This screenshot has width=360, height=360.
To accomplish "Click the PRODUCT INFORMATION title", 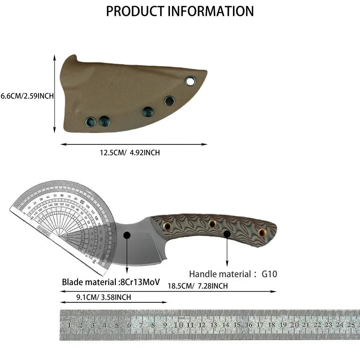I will (180, 11).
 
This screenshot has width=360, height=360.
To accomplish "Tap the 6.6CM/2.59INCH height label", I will (27, 96).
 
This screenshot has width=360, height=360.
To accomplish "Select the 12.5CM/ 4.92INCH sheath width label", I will (130, 153).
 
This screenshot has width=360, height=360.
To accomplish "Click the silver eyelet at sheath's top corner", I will (190, 81).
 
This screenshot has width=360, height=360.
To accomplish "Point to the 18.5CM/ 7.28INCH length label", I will (198, 286).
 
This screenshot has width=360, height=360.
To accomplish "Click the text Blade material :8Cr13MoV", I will (111, 282).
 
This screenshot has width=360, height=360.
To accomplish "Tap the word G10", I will (269, 274).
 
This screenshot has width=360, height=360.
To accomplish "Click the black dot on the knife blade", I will (127, 235).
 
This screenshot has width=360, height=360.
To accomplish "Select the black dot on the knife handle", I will (227, 234).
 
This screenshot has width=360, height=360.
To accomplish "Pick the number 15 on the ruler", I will (237, 325).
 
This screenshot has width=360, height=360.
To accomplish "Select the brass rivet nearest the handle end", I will (262, 232).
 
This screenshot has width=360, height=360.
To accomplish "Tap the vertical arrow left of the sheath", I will (55, 94).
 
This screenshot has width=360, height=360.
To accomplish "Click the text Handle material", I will (220, 274).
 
